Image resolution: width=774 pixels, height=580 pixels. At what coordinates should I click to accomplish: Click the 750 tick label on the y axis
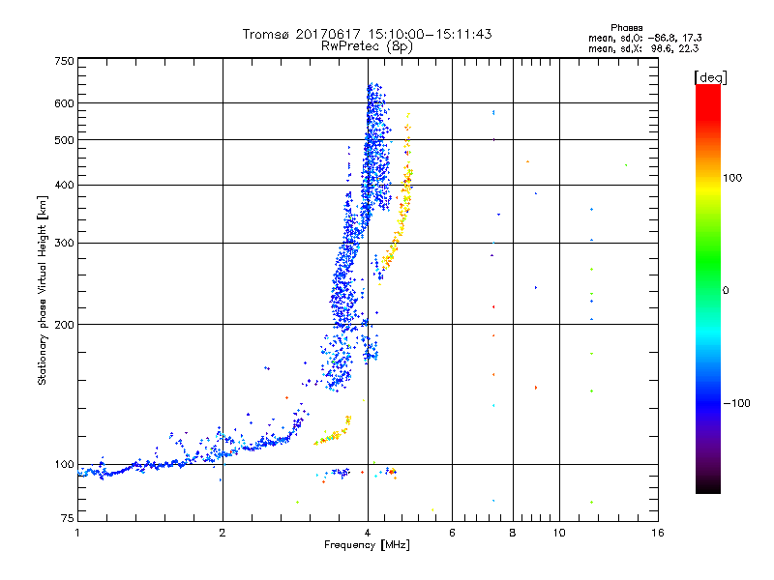coord(65,61)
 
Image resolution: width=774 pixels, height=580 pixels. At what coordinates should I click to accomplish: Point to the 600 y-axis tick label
coord(65,103)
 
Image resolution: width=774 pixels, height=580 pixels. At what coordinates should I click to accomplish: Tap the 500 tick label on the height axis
coord(65,140)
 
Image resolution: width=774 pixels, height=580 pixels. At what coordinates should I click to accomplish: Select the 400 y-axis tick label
coord(65,186)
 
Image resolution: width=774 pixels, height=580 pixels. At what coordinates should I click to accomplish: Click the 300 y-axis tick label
coord(65,244)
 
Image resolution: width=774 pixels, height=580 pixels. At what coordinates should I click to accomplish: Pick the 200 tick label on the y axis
coord(65,325)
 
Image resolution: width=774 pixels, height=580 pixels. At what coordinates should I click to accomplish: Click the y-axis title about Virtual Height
coord(43,291)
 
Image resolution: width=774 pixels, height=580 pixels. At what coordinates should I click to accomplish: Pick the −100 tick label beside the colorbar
coord(736,403)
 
